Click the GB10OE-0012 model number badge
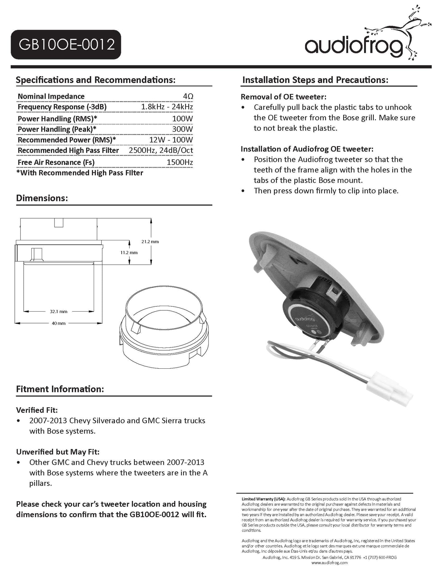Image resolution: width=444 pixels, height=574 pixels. pos(65,45)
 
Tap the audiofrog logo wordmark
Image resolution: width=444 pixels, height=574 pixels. pos(353,46)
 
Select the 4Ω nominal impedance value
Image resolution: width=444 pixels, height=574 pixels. pos(188,96)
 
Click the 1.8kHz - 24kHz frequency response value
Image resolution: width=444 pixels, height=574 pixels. pos(167,107)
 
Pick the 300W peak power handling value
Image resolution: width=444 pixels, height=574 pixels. pos(182,129)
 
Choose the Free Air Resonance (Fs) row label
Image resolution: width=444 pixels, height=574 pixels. pos(56,162)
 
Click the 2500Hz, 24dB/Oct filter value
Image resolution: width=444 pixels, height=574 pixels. pos(161,150)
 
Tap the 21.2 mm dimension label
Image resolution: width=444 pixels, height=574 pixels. pos(150,242)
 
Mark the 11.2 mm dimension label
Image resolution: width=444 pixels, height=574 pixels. pos(129,253)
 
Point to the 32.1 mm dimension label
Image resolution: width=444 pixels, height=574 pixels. pos(58,312)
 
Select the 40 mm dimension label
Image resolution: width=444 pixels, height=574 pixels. pos(58,323)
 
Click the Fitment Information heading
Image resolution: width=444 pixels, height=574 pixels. pos(60,389)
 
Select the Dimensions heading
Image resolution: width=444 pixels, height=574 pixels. pos(42,198)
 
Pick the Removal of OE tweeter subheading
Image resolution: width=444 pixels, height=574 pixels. pos(283,97)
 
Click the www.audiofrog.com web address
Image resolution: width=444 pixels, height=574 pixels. pos(329,563)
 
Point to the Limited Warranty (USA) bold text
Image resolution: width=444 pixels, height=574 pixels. pos(264,499)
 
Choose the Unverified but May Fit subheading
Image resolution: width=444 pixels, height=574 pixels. pos(58,452)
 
